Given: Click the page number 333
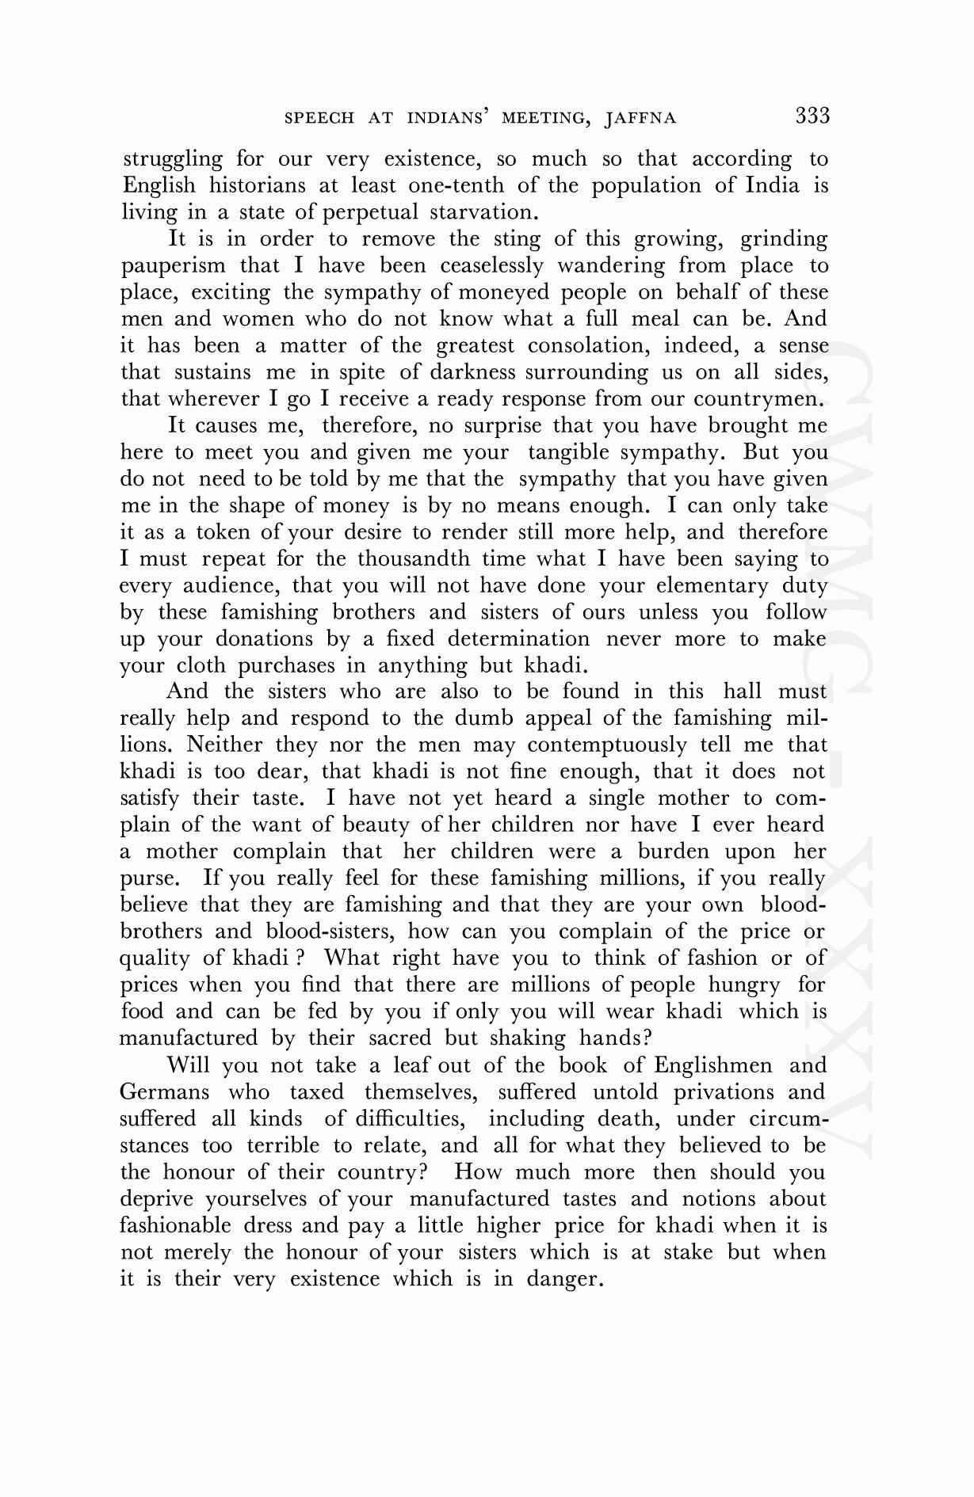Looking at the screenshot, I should (x=812, y=116).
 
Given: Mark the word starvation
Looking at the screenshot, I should (x=484, y=212).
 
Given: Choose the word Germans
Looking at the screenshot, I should (x=165, y=1092).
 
